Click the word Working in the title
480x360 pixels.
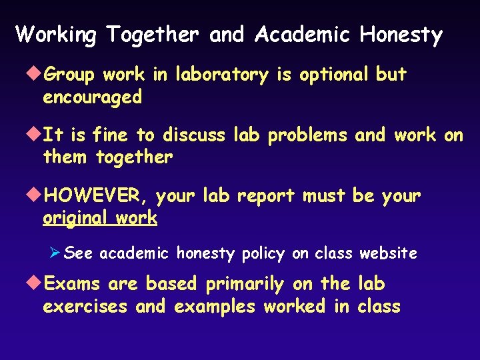pyautogui.click(x=56, y=35)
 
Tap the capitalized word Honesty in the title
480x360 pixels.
pyautogui.click(x=401, y=35)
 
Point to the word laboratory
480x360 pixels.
pyautogui.click(x=221, y=75)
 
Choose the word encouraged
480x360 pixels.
pyautogui.click(x=93, y=97)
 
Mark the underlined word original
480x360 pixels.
pyautogui.click(x=74, y=218)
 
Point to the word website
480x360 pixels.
pyautogui.click(x=388, y=253)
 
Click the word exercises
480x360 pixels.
pyautogui.click(x=85, y=307)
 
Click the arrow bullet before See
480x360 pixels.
pyautogui.click(x=56, y=253)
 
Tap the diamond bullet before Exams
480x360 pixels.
pyautogui.click(x=35, y=284)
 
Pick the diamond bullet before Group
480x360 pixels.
pyautogui.click(x=35, y=75)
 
